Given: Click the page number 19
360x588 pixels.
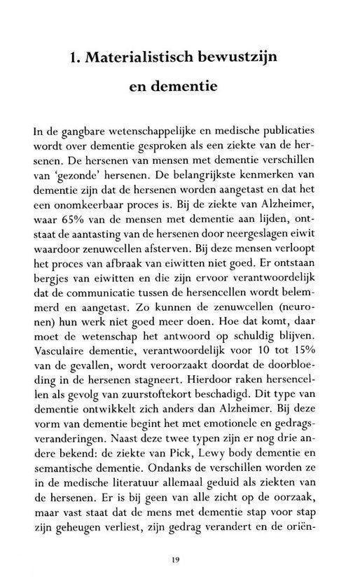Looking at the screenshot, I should point(181,559).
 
